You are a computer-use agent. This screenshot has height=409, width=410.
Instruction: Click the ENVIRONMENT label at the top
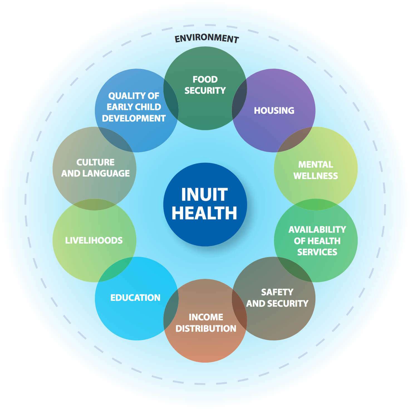click(x=207, y=38)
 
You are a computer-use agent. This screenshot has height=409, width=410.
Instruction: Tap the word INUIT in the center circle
click(x=205, y=194)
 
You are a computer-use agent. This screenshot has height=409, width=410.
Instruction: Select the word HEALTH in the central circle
click(x=205, y=213)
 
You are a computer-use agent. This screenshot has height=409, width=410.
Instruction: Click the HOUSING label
click(x=274, y=111)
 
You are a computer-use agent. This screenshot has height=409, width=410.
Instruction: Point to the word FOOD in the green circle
click(x=205, y=80)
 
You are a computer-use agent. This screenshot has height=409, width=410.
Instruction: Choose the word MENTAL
click(x=316, y=165)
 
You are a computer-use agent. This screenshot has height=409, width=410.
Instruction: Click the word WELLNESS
click(x=316, y=176)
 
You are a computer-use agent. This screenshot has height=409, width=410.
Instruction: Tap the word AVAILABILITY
click(x=317, y=230)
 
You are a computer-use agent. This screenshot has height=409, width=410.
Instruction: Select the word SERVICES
click(x=317, y=252)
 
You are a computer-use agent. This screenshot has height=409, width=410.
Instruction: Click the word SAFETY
click(x=277, y=292)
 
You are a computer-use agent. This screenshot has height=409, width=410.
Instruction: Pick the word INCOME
click(x=206, y=317)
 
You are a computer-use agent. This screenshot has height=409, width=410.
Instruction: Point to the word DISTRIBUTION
click(x=206, y=329)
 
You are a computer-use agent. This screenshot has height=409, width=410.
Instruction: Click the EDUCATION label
click(x=135, y=298)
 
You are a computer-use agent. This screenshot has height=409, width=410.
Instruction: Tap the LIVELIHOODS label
click(x=94, y=241)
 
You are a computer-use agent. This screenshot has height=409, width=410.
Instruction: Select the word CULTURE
click(x=95, y=162)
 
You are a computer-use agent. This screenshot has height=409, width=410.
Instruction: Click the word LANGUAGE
click(x=106, y=173)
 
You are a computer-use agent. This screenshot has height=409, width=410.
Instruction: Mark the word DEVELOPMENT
click(x=134, y=118)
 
